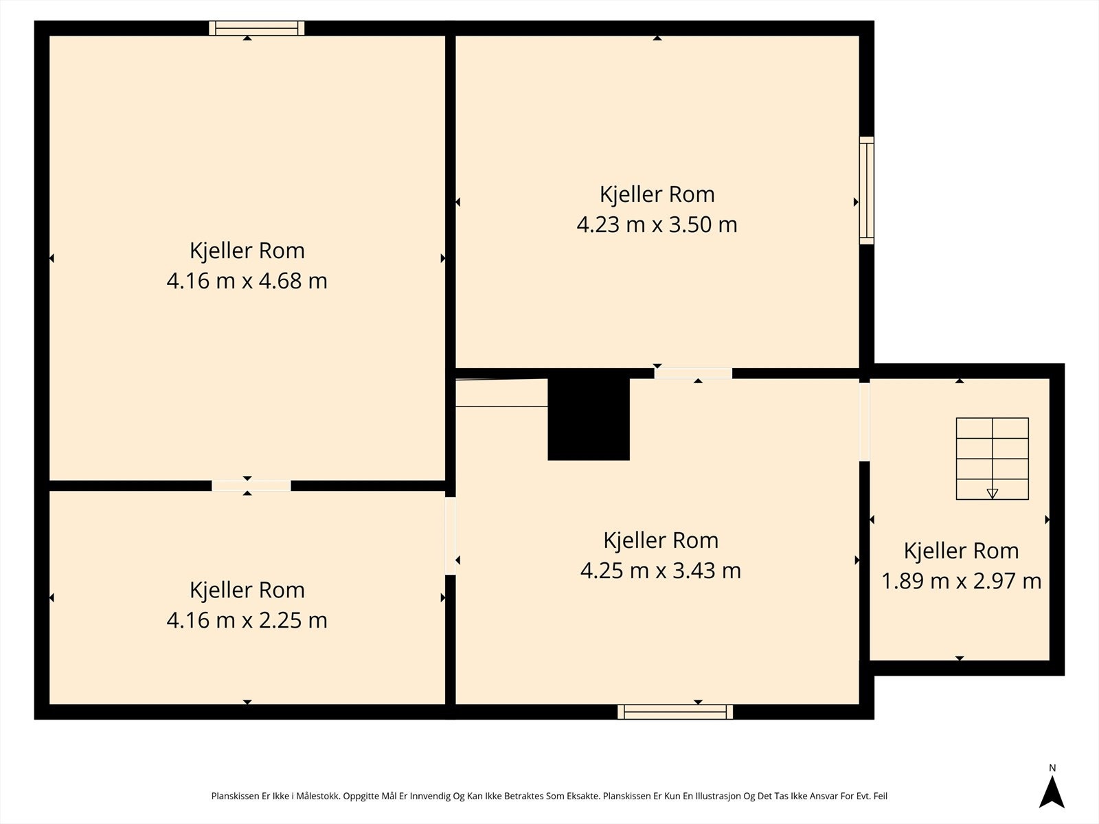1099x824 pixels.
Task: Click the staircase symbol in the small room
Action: point(992,458)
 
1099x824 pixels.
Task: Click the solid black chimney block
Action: point(589,419)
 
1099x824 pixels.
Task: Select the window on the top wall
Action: point(256,28)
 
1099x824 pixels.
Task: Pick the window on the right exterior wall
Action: point(867,190)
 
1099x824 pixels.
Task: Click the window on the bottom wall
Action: point(675,712)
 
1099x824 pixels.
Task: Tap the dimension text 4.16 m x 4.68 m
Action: point(247,281)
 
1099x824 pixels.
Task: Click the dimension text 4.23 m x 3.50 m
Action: point(657,225)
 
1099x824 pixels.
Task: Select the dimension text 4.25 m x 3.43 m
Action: point(660,571)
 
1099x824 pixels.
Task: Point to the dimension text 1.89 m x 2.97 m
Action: point(961,581)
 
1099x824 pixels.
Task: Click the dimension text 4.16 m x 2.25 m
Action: point(247,620)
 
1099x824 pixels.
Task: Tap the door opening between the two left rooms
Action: point(251,485)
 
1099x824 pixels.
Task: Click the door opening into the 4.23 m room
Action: point(693,374)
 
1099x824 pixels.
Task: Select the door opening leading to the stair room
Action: point(865,421)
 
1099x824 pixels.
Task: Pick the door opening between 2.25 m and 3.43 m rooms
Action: point(451,536)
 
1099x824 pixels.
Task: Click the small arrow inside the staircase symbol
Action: point(992,493)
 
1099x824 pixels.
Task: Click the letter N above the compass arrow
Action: point(1052,768)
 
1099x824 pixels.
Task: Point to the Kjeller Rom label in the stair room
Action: point(961,551)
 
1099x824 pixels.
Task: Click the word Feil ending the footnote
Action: point(880,797)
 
